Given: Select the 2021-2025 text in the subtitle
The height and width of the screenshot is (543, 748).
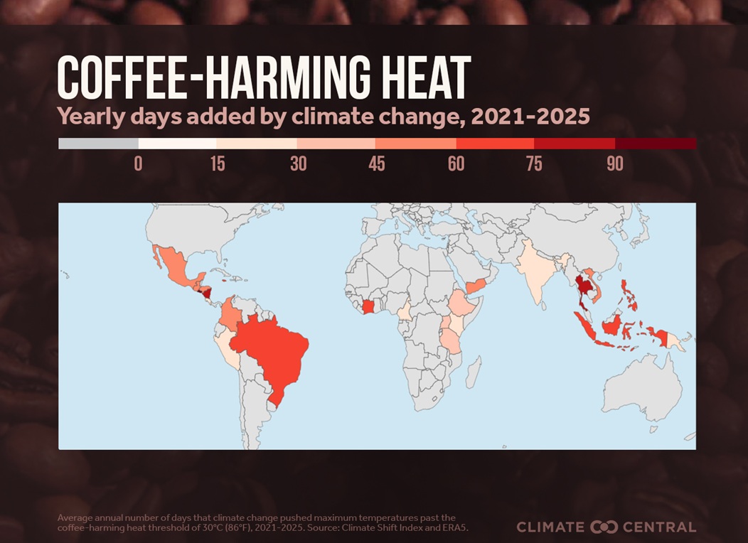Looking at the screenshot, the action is click(x=530, y=115).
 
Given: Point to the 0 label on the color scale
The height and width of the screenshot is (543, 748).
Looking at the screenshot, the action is click(x=138, y=163).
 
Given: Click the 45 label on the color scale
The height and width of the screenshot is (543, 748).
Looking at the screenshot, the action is click(x=377, y=163).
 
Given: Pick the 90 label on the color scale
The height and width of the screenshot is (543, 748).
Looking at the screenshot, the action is click(x=615, y=163).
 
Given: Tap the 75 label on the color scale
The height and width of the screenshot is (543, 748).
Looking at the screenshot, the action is click(x=534, y=163).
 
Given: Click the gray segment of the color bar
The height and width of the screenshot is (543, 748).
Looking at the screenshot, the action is click(x=98, y=144).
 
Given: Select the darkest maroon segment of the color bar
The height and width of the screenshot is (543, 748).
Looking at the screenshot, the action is click(x=655, y=144).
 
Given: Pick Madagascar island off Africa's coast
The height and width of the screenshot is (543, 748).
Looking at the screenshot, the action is click(x=474, y=372).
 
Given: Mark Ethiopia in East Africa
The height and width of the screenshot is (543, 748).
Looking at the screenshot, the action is click(x=463, y=304).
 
